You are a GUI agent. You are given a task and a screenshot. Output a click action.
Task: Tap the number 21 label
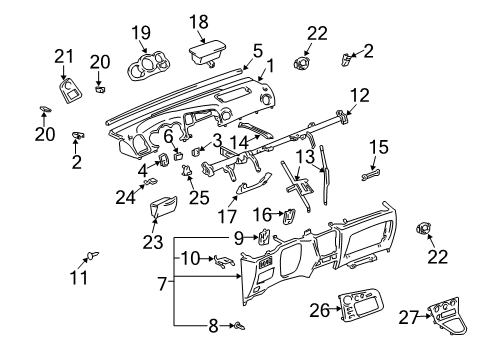(x=64, y=57)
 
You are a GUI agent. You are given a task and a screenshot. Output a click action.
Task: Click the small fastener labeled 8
(x=235, y=326)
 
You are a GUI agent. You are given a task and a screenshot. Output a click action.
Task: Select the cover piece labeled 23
(x=162, y=212)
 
